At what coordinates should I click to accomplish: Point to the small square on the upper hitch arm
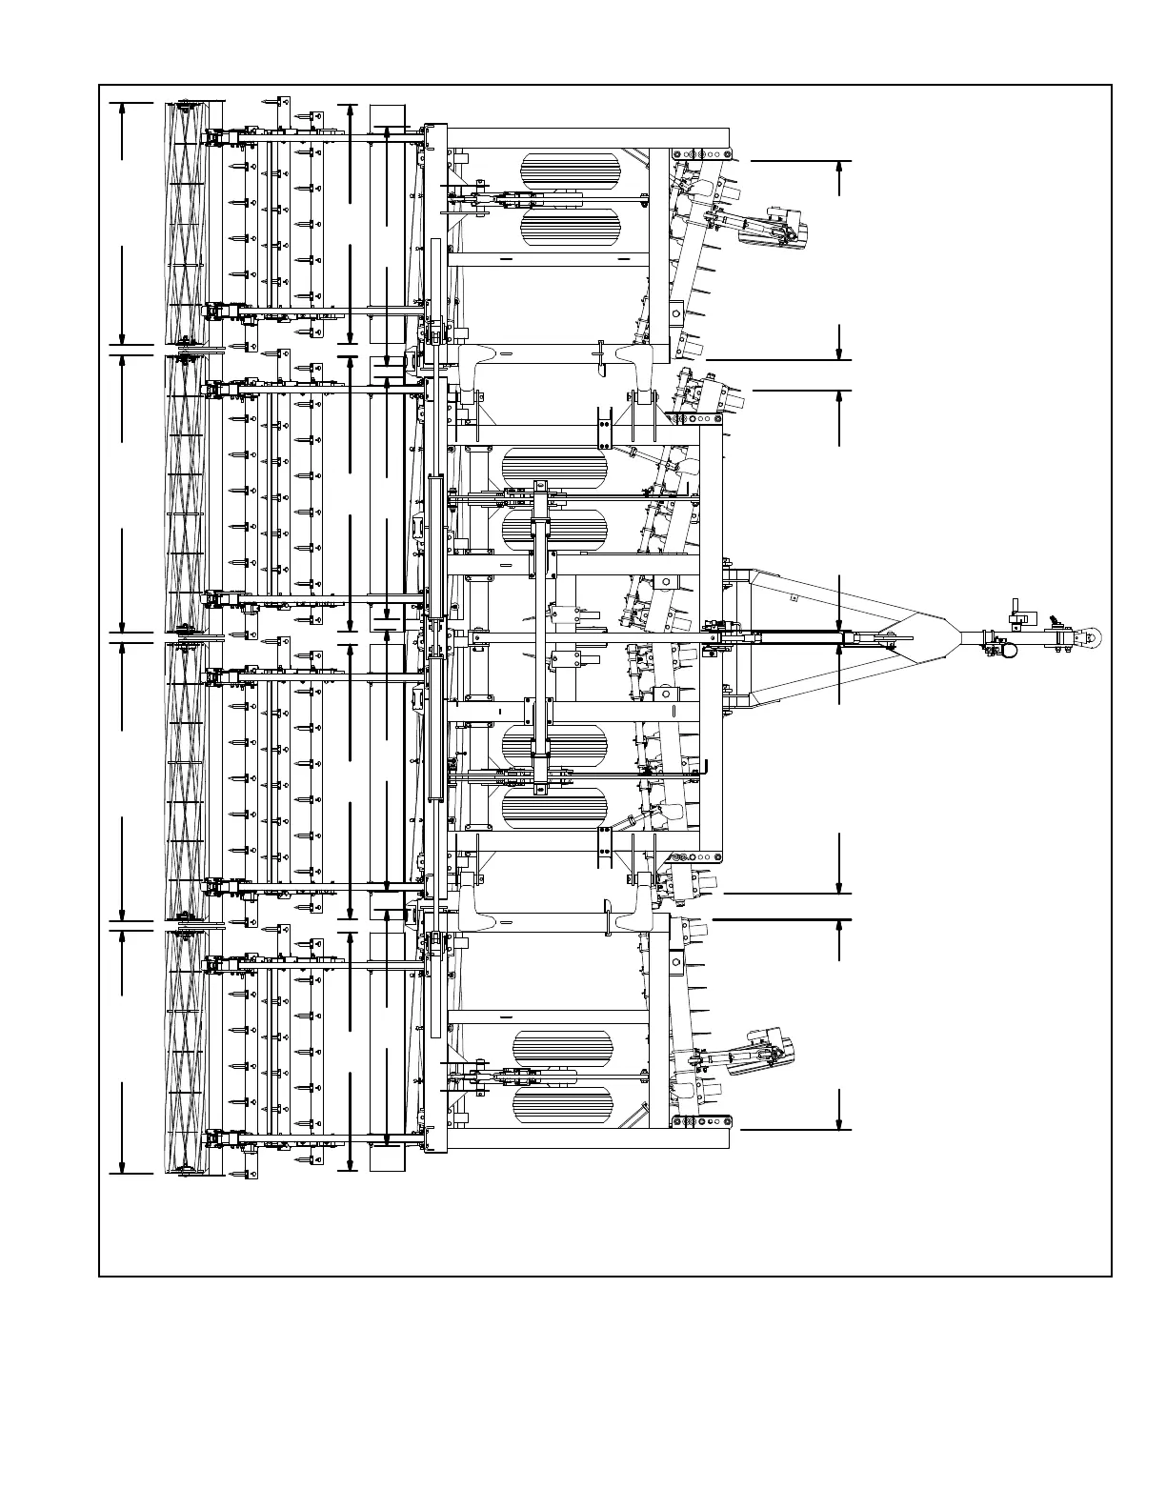click(x=793, y=598)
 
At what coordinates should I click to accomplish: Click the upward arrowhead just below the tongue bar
click(x=839, y=653)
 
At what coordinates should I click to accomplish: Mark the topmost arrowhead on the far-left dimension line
click(x=123, y=109)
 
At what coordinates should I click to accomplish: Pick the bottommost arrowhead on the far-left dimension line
click(x=123, y=1167)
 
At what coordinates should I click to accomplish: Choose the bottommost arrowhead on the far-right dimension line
click(x=839, y=1123)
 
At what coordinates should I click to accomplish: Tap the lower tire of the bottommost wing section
click(x=562, y=1105)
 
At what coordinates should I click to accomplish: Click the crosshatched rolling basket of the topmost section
click(x=185, y=224)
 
